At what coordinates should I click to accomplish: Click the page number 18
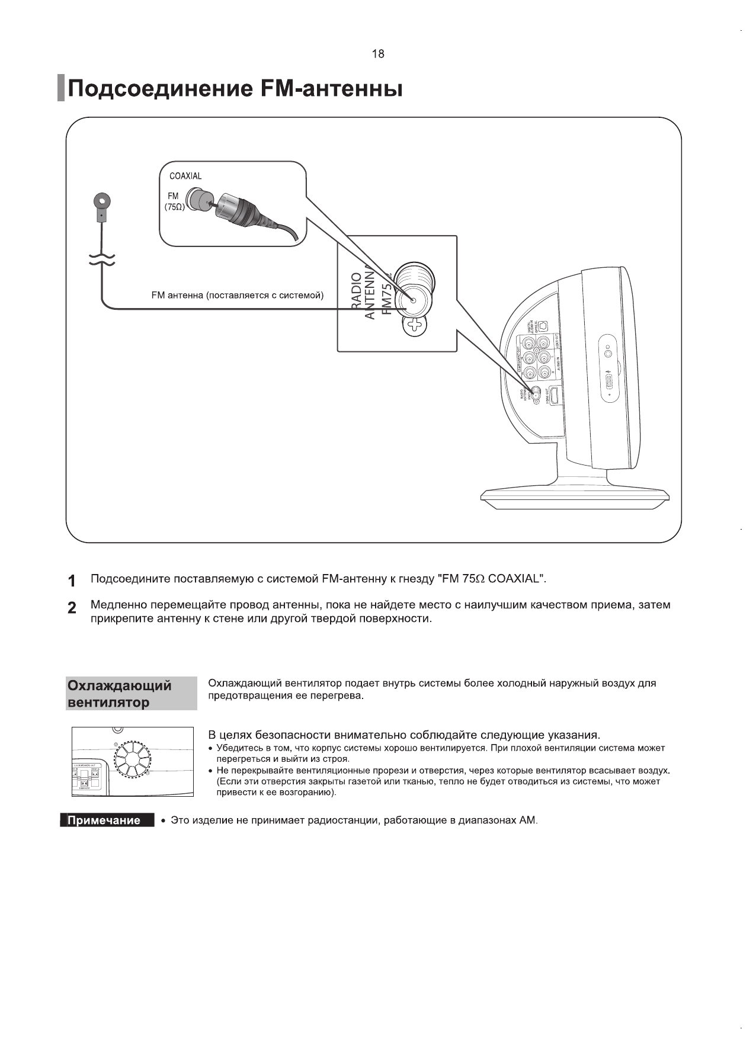377,54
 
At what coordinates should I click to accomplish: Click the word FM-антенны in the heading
331,89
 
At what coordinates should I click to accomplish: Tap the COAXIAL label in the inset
185,176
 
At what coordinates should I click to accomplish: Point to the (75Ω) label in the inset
174,207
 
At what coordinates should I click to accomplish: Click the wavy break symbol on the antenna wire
102,259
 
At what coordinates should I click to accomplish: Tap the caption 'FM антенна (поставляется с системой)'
237,295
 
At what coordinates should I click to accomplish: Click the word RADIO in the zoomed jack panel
356,290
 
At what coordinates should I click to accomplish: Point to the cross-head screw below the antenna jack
415,325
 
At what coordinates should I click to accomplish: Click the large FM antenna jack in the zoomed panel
413,300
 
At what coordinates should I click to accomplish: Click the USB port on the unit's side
609,381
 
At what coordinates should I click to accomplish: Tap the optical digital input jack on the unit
543,325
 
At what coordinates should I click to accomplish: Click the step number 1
72,581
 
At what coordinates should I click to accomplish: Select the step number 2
72,608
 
